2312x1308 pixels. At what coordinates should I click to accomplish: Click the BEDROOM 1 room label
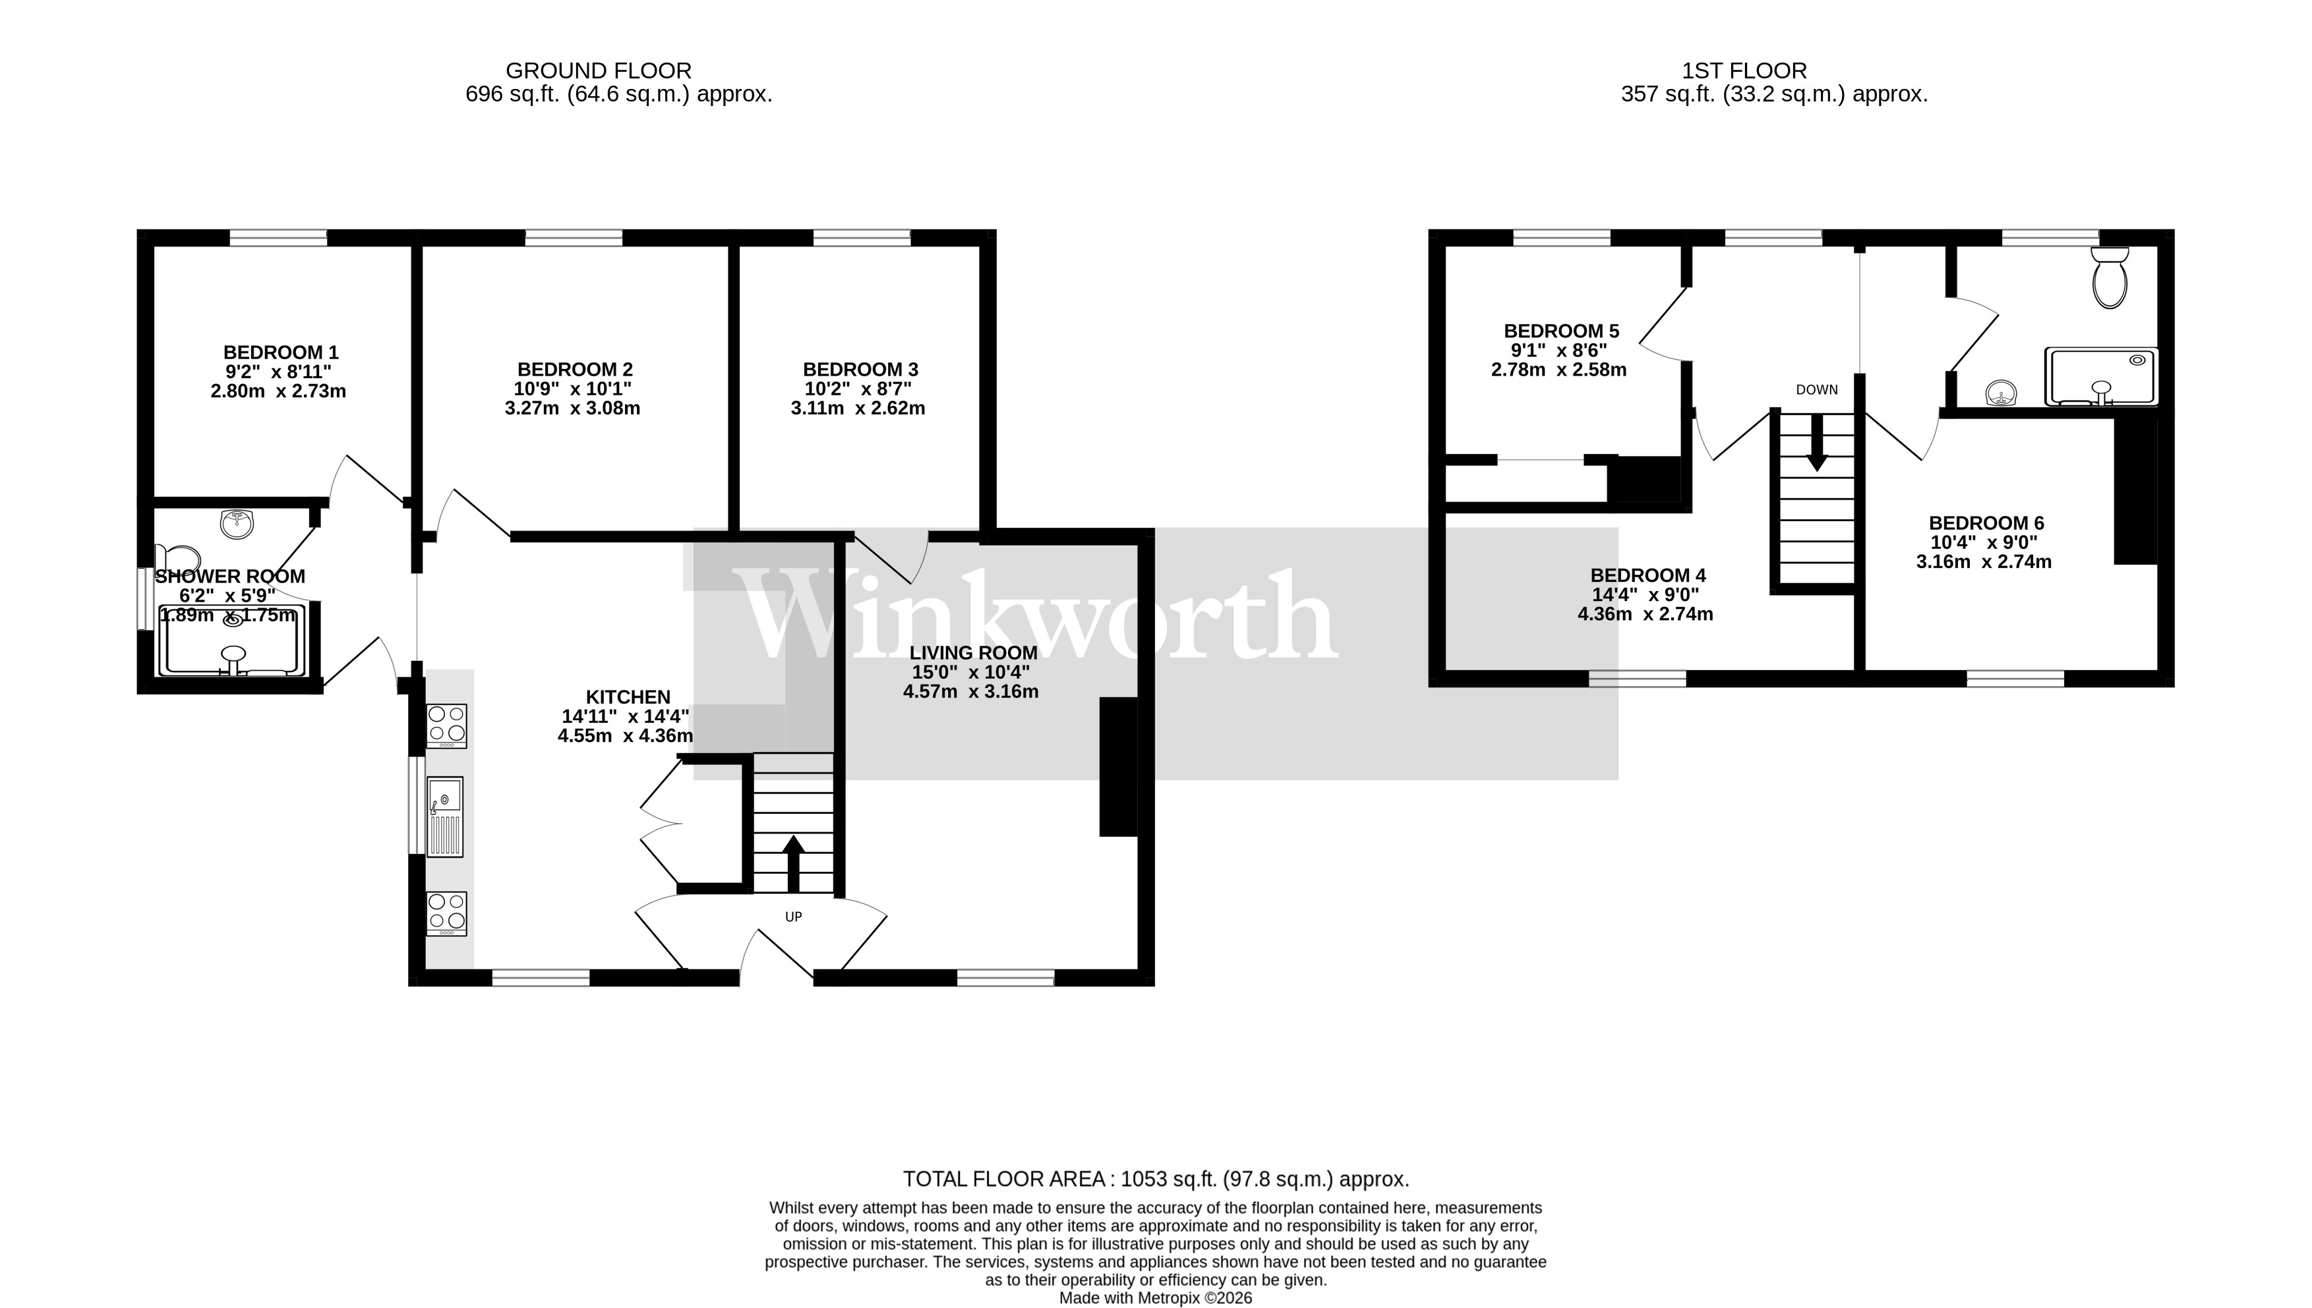tap(280, 352)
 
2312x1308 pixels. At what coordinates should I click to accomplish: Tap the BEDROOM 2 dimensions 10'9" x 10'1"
tap(574, 389)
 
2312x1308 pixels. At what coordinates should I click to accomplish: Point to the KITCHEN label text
tap(628, 697)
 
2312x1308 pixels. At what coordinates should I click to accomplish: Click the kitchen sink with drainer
tap(445, 816)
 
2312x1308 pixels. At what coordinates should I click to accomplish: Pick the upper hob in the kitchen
tap(446, 726)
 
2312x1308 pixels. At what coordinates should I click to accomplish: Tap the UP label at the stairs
tap(794, 917)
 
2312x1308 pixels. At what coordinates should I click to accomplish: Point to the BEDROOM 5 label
tap(1561, 331)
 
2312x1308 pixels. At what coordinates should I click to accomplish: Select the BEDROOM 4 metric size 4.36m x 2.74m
tap(1645, 615)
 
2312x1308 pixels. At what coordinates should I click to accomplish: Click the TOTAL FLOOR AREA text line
tap(1156, 1179)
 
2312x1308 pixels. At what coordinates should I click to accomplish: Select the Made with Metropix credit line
tap(1156, 1298)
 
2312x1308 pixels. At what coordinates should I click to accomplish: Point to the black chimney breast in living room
tap(1118, 766)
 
